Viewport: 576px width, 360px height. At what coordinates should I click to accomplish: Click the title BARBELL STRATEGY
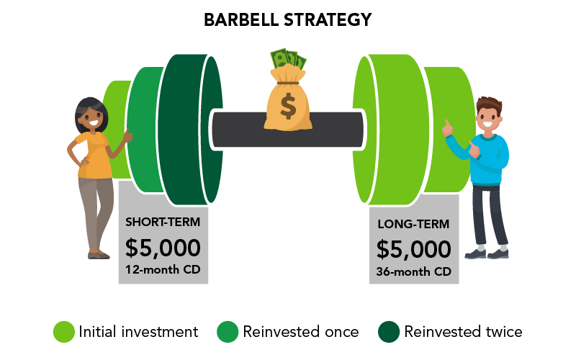pos(288,19)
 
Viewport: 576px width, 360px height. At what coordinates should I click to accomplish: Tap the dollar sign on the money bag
pos(288,107)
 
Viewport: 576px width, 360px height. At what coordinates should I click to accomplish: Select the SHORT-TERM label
pos(163,221)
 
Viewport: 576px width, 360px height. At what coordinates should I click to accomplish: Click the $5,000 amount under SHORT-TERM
pos(163,248)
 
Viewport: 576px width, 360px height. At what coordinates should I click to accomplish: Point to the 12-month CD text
pos(163,271)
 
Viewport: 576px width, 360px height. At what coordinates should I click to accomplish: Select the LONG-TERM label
pos(413,225)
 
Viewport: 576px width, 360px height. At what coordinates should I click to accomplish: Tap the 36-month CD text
pos(413,272)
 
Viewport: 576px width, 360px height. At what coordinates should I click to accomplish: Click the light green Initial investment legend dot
pos(64,332)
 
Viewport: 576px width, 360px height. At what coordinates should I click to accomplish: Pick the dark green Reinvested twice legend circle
pos(389,332)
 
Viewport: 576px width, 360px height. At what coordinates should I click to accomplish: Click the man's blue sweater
pos(491,155)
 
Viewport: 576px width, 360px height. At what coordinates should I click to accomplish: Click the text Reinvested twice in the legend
pos(463,332)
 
